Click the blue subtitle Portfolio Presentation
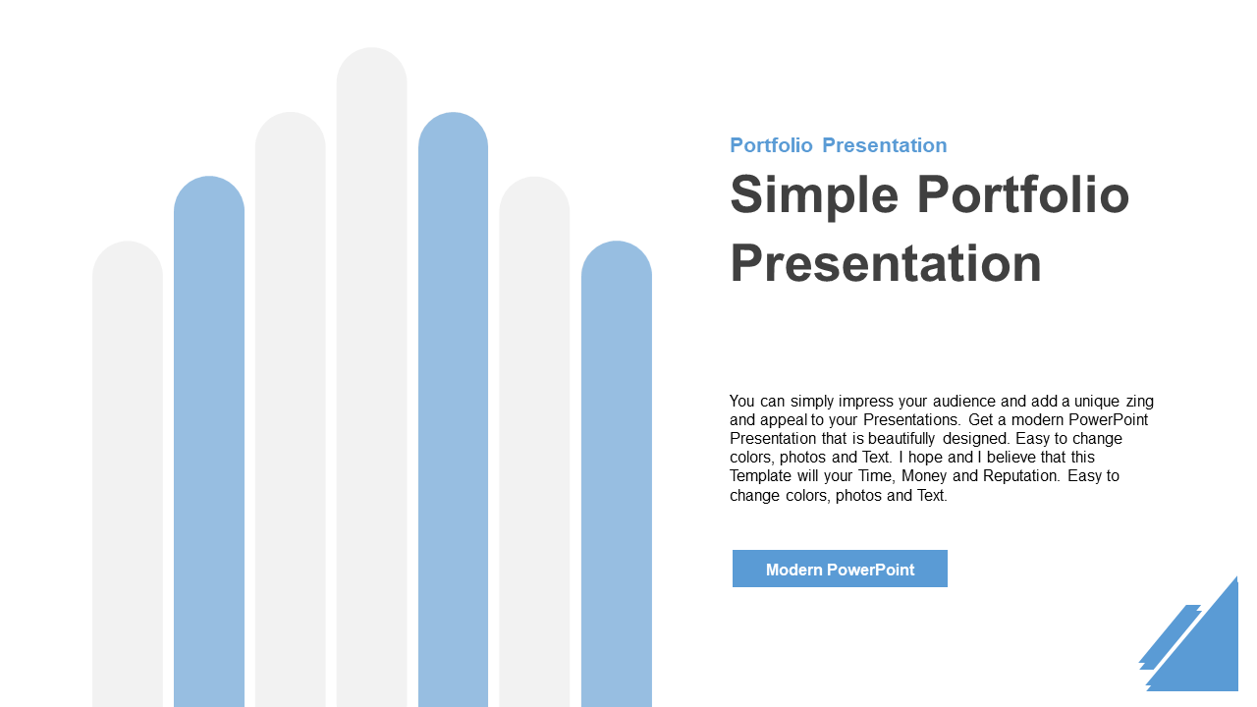click(838, 145)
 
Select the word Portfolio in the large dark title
click(1023, 194)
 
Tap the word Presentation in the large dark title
click(886, 263)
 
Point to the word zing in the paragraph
click(1139, 403)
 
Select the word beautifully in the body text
click(902, 439)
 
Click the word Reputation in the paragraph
click(1021, 476)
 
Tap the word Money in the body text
click(924, 476)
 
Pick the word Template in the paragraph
click(760, 476)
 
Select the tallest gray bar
click(371, 377)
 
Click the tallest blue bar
click(453, 409)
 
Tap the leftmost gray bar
click(128, 474)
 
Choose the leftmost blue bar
click(209, 442)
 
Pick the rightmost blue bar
click(616, 474)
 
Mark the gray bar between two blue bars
click(534, 442)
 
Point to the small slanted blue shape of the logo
click(1169, 637)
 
